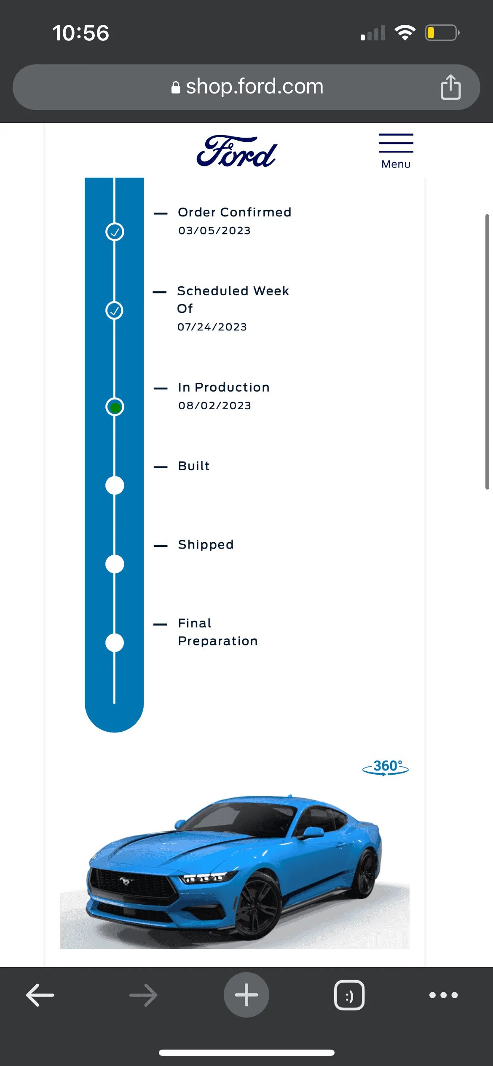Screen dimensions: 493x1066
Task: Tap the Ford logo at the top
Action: pos(236,151)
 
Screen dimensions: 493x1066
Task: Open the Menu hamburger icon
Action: pos(396,143)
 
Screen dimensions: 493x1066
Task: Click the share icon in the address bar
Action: pos(450,87)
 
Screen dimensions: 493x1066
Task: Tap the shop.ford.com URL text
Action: pos(255,86)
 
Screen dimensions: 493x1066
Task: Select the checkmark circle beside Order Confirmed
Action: pos(115,232)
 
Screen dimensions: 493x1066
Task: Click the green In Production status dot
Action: pos(115,407)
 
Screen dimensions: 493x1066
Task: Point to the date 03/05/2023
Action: pos(214,231)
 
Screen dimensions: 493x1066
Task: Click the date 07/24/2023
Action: pos(212,327)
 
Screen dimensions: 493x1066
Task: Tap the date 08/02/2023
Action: pos(214,406)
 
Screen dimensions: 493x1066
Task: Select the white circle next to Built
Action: pos(115,485)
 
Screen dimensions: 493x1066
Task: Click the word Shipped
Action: pos(206,544)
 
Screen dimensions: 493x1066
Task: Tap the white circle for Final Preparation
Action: pos(115,643)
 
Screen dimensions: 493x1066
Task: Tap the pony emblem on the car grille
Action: pos(125,880)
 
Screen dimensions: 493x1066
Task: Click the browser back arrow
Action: pos(40,995)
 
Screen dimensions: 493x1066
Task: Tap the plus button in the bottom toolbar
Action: pos(246,995)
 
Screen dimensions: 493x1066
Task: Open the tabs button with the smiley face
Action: pos(349,995)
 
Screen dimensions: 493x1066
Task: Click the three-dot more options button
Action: pos(443,995)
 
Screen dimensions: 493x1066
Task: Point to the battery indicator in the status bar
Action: pos(442,33)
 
